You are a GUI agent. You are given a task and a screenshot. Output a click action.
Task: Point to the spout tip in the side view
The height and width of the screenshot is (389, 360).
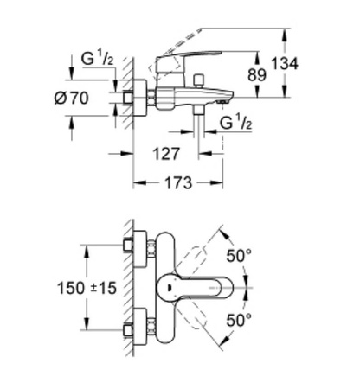(x=222, y=101)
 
